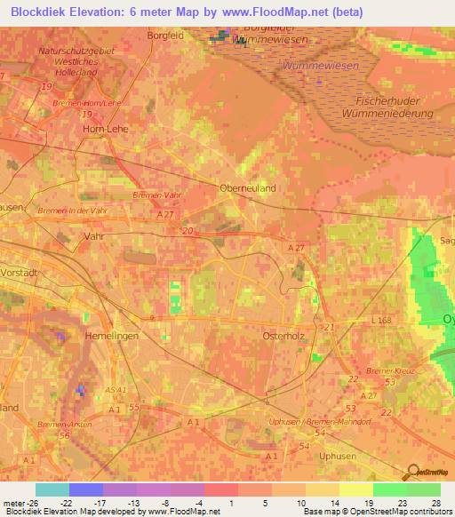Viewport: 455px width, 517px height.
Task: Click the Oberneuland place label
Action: pos(248,188)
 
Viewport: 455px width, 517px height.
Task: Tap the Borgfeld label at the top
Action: pos(166,36)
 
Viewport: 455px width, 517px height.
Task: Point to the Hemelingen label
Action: pos(112,337)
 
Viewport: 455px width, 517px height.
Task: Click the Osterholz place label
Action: pos(284,337)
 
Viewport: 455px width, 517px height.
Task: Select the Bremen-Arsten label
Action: pos(66,425)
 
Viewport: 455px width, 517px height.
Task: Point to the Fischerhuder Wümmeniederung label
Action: pos(394,107)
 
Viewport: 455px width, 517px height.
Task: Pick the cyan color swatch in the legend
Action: pos(52,489)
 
